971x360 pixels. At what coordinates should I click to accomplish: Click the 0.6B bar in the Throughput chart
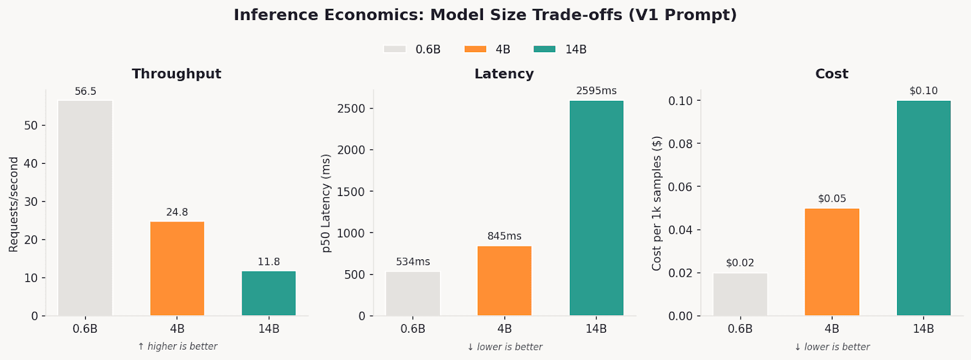pyautogui.click(x=86, y=208)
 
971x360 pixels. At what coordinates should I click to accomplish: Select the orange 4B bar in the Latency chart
pyautogui.click(x=504, y=280)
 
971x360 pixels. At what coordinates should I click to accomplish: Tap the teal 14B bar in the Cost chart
pyautogui.click(x=923, y=208)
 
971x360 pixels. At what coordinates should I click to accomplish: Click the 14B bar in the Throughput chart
pyautogui.click(x=269, y=293)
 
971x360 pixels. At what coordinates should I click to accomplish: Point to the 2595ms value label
pyautogui.click(x=596, y=91)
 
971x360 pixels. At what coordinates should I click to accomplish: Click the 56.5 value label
pyautogui.click(x=86, y=92)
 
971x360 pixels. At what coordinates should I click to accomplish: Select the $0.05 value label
pyautogui.click(x=831, y=199)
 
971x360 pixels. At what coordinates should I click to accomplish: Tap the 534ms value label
pyautogui.click(x=413, y=262)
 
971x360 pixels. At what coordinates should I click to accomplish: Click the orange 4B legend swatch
pyautogui.click(x=475, y=49)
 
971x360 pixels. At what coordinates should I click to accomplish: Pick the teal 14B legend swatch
pyautogui.click(x=544, y=49)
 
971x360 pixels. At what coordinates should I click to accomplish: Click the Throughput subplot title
pyautogui.click(x=177, y=74)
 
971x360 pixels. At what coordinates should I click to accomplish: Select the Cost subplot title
pyautogui.click(x=831, y=74)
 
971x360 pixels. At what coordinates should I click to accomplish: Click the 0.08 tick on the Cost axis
pyautogui.click(x=680, y=144)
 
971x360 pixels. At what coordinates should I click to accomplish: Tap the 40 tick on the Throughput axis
pyautogui.click(x=31, y=163)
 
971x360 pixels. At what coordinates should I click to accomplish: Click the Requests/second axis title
pyautogui.click(x=14, y=204)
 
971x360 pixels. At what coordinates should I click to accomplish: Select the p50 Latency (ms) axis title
pyautogui.click(x=326, y=203)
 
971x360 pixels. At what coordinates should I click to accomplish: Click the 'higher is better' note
pyautogui.click(x=177, y=347)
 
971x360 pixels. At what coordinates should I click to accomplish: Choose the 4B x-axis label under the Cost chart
pyautogui.click(x=831, y=329)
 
